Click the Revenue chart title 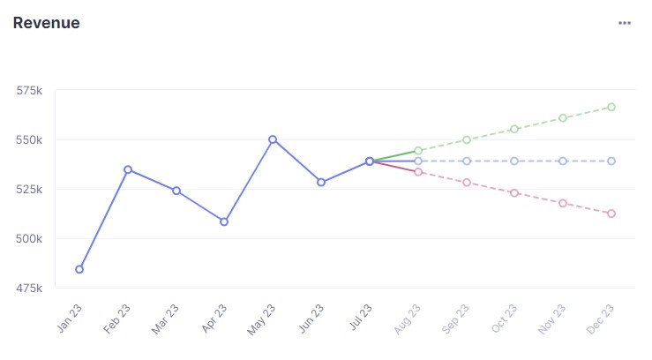(47, 23)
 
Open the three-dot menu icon (625, 23)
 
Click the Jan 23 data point (79, 269)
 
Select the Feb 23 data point (128, 169)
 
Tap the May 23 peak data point (273, 139)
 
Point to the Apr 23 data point (224, 221)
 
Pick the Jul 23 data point (370, 161)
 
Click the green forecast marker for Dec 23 (611, 107)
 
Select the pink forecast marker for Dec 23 (611, 214)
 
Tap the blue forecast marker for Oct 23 (514, 161)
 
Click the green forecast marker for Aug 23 (418, 151)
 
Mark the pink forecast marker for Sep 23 (467, 183)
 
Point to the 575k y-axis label (30, 91)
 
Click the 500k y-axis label (30, 239)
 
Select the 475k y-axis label (30, 289)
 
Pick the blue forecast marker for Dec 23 (611, 161)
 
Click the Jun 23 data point (321, 183)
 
